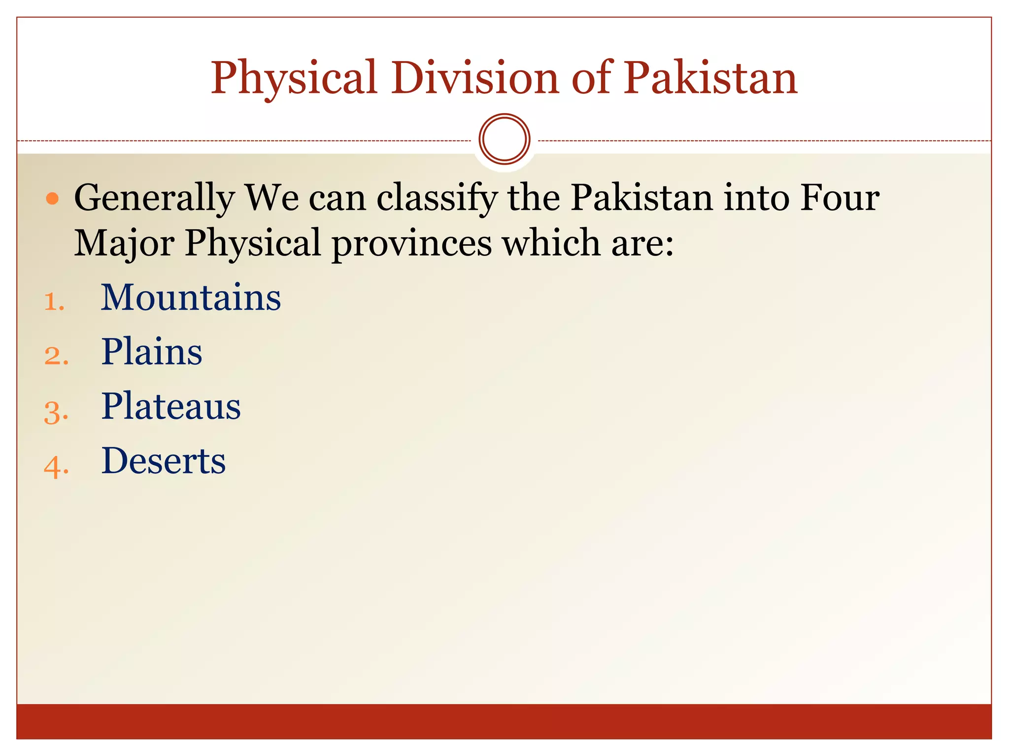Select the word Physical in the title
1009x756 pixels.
[x=294, y=79]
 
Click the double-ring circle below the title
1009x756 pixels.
[x=504, y=139]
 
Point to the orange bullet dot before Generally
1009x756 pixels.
[x=52, y=199]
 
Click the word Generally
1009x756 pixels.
[x=154, y=199]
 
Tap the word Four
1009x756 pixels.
[x=840, y=198]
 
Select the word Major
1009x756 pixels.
[x=124, y=244]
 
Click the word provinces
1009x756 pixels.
[x=412, y=244]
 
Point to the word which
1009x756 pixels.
[x=551, y=243]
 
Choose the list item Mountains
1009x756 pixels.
[x=191, y=298]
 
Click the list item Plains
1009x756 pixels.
[x=152, y=352]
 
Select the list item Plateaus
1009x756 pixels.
[x=171, y=407]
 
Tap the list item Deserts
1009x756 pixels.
[x=164, y=461]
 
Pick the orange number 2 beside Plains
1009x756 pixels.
[x=56, y=356]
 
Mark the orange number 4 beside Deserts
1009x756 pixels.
[x=56, y=466]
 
